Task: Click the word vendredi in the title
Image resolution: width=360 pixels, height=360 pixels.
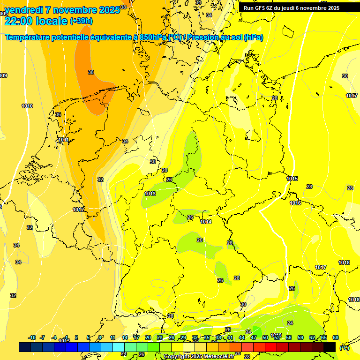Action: (x=24, y=10)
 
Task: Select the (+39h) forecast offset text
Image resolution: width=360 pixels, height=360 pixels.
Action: (x=81, y=21)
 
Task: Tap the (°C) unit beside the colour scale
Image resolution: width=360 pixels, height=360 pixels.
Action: (x=344, y=348)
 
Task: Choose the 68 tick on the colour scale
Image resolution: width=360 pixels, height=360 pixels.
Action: (x=336, y=337)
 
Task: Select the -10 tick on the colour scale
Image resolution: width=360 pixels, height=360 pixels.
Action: (x=32, y=337)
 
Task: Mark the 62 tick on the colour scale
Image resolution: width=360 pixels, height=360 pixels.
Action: (x=312, y=337)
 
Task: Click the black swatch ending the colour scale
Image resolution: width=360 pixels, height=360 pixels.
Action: (x=330, y=347)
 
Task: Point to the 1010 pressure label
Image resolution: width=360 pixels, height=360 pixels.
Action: (x=27, y=106)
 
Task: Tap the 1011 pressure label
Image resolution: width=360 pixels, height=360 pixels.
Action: (x=64, y=140)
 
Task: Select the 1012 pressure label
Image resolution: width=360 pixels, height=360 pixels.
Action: (x=78, y=210)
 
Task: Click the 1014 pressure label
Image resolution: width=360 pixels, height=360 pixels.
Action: (x=206, y=222)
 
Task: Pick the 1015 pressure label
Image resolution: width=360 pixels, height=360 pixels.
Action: (x=292, y=179)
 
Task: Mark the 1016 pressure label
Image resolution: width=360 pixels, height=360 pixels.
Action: (x=295, y=203)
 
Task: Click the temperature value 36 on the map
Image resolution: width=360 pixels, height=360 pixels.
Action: (x=58, y=114)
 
